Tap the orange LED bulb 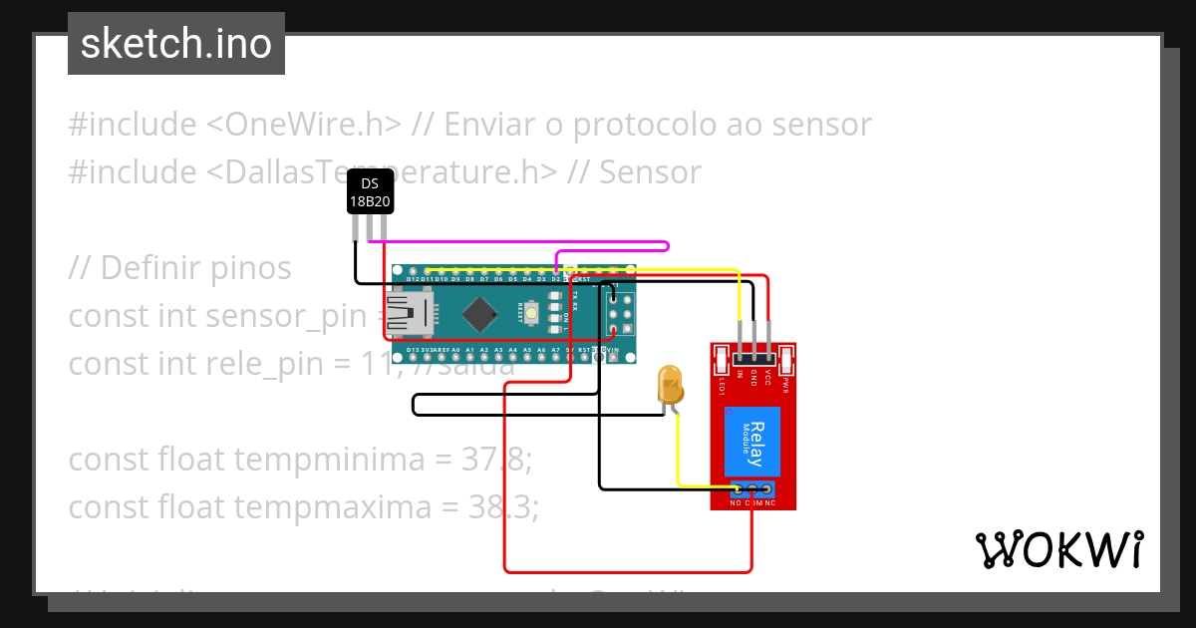[x=669, y=385]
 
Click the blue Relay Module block [x=752, y=444]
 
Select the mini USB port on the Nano [x=409, y=314]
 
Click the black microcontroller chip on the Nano [x=480, y=314]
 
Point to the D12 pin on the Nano [x=413, y=271]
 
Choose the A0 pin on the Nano [x=455, y=358]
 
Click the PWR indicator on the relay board [x=786, y=359]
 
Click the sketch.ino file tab [x=176, y=44]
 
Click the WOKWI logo [x=1058, y=549]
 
